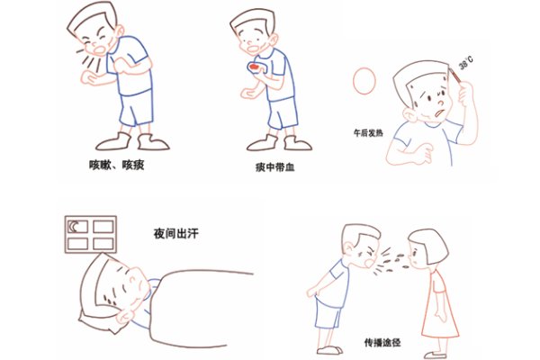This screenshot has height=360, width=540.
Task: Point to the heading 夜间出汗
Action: pos(176,235)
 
